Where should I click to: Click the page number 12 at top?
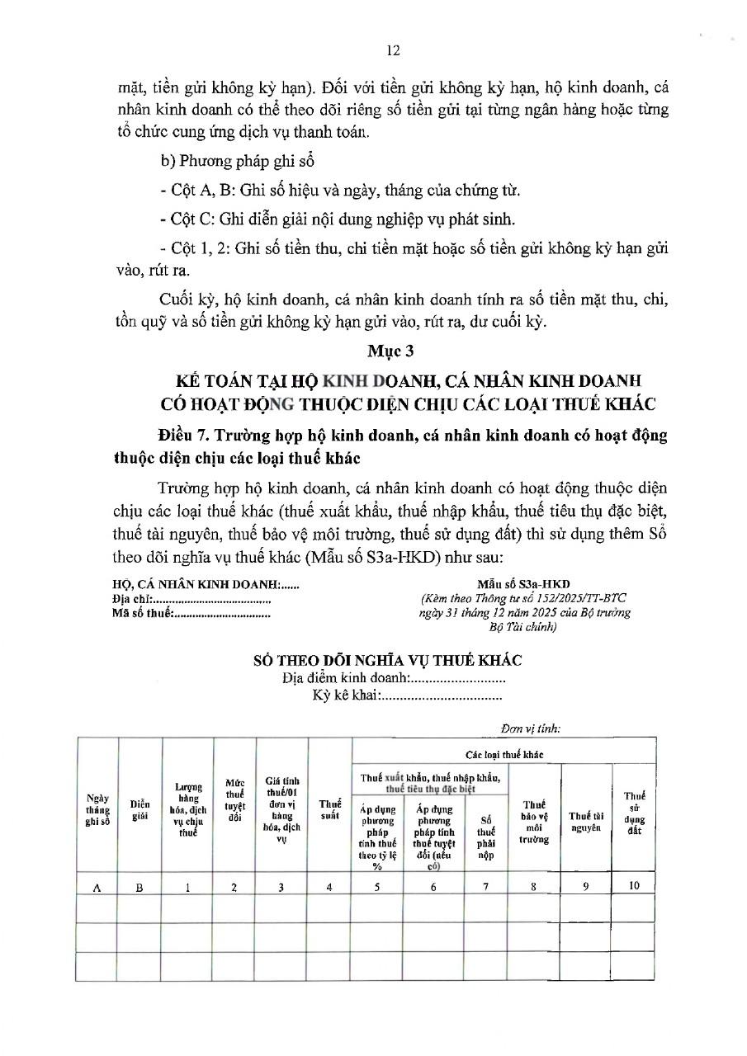[393, 50]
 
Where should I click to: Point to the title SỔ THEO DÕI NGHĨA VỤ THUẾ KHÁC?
[387, 662]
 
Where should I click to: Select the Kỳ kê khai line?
[407, 695]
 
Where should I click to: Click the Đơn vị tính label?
[531, 728]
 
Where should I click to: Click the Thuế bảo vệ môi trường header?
[534, 822]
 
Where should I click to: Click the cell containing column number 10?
[633, 887]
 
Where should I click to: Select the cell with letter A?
[97, 888]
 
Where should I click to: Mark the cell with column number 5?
[377, 887]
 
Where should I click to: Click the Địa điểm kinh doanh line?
[393, 678]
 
